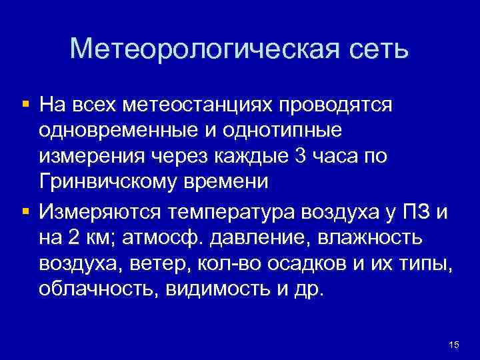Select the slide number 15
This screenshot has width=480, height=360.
pos(454,345)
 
